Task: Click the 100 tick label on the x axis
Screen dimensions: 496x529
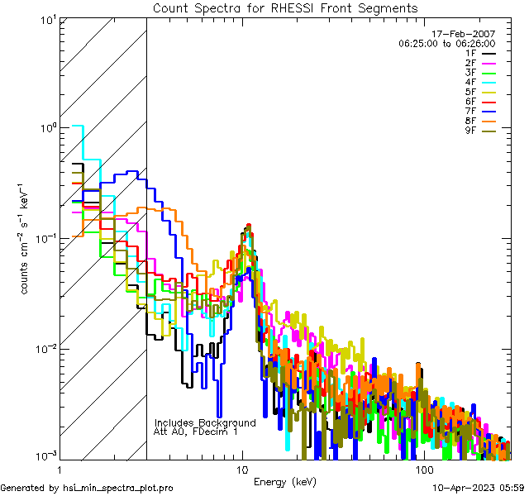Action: (423, 469)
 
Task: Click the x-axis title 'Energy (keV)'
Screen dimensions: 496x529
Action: (285, 481)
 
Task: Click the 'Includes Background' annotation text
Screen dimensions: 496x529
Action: (205, 422)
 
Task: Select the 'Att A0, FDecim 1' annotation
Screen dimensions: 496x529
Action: (196, 432)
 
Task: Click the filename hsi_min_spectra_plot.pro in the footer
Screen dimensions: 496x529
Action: (118, 488)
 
